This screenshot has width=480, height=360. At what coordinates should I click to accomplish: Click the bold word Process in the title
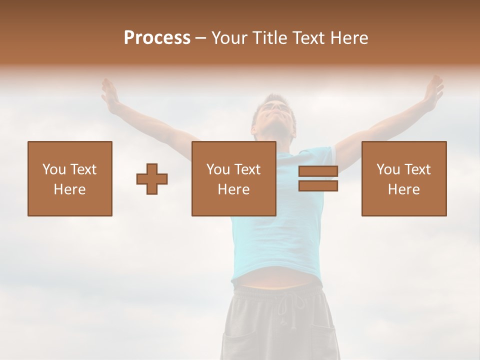(157, 38)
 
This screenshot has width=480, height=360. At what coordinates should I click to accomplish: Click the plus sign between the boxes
(152, 179)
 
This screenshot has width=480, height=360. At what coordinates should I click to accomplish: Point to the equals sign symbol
(318, 178)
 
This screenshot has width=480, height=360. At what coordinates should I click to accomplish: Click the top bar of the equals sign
(318, 171)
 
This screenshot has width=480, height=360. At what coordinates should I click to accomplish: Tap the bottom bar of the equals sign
(318, 186)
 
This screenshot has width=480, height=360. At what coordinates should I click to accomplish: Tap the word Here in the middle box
(234, 189)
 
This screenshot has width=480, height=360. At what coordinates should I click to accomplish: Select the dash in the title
(200, 38)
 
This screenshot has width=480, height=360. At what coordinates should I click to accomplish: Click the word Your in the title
(228, 38)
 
